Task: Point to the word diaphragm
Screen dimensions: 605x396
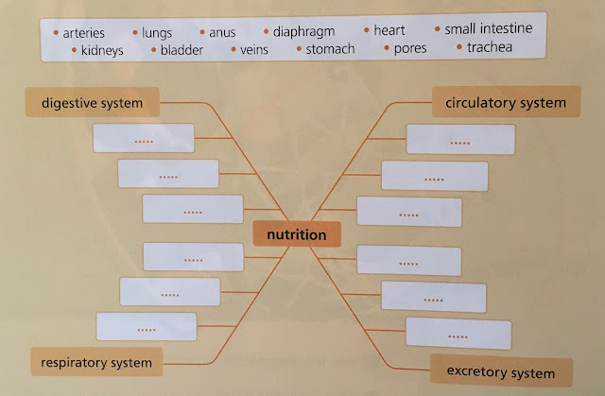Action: tap(303, 31)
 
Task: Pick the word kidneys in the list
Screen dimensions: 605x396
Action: tap(102, 50)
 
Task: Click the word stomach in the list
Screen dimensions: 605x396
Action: tap(330, 48)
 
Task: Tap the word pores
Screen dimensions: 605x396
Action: tap(410, 47)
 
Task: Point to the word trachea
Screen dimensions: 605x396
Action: tap(490, 46)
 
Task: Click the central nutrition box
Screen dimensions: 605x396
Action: tap(297, 234)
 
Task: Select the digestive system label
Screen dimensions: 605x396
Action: tap(92, 101)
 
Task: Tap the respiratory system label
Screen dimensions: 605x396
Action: tap(96, 360)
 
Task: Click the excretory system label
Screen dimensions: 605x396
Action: tap(501, 371)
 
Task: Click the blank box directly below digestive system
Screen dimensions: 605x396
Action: tap(144, 138)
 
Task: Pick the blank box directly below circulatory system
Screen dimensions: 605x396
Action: tap(460, 141)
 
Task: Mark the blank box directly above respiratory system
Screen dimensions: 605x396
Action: tap(147, 327)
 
